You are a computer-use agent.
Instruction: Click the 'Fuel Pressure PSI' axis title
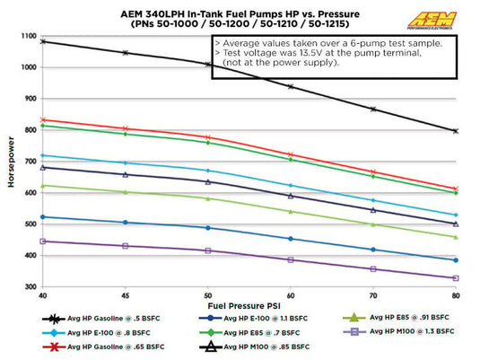249,305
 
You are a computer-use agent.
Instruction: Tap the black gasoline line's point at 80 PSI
457,131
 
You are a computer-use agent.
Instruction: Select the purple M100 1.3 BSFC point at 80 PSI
457,278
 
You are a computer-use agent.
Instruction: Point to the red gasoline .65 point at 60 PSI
290,154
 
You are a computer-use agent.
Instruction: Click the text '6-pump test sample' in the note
395,42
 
